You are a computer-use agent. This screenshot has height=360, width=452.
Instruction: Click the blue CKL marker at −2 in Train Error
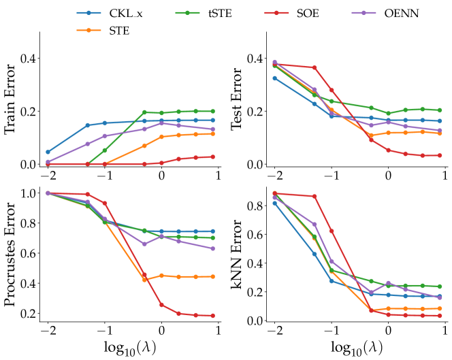(x=48, y=152)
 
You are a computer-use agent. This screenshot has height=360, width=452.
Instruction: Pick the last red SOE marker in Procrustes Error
(x=212, y=316)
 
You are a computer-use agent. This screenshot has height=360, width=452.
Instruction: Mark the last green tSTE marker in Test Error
(x=439, y=110)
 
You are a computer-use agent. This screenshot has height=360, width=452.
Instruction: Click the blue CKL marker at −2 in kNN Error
(x=274, y=203)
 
